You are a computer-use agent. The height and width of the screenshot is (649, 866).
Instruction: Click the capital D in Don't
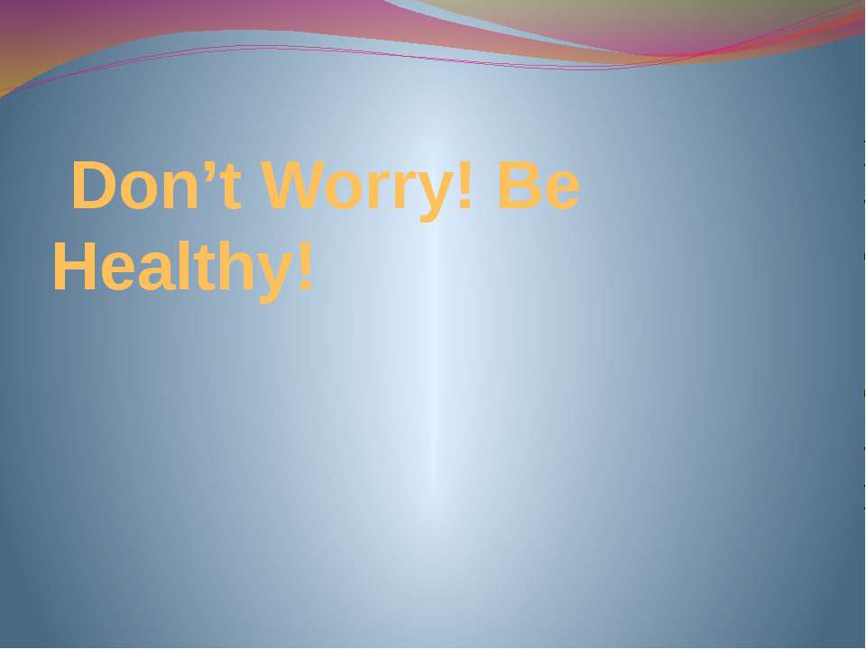93,187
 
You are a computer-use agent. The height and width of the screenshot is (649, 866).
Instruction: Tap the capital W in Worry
294,187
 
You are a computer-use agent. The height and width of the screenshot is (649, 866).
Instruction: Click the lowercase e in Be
560,193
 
